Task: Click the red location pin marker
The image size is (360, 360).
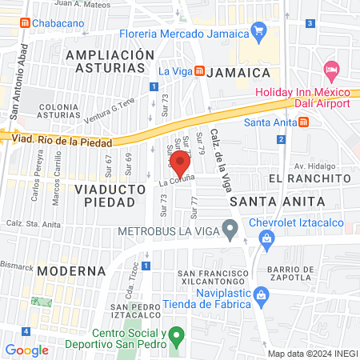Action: point(180,163)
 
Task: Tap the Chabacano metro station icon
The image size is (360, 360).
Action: point(26,23)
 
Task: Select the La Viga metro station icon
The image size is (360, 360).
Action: point(198,71)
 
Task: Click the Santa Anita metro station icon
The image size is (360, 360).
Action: point(304,122)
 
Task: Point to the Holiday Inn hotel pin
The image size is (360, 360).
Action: point(331,68)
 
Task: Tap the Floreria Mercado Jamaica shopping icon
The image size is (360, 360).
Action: point(258,32)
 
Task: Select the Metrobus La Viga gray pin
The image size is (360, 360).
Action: point(230,232)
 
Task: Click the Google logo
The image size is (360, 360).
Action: point(26,350)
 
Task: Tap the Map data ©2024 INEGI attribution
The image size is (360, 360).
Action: point(312,354)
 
